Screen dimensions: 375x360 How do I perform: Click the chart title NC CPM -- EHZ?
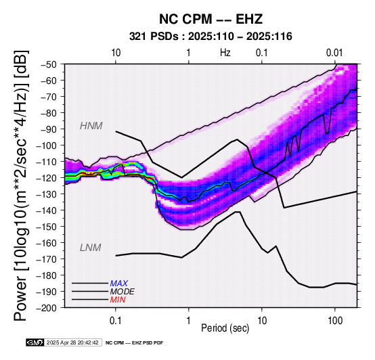[x=211, y=19]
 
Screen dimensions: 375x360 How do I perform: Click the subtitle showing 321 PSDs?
[x=211, y=37]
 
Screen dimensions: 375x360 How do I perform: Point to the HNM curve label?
[x=91, y=126]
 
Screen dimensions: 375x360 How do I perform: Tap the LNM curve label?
[x=91, y=248]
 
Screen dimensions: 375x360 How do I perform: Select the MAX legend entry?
[x=119, y=284]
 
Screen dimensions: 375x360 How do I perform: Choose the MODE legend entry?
[x=123, y=292]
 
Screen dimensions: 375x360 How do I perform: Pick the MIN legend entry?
[x=118, y=300]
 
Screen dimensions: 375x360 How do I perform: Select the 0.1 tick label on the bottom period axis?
[x=116, y=321]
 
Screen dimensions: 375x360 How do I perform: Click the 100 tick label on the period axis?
[x=335, y=321]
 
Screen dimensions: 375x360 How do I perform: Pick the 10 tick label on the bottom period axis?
[x=262, y=321]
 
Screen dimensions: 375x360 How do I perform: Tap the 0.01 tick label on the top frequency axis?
[x=334, y=53]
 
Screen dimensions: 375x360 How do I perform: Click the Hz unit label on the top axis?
[x=225, y=53]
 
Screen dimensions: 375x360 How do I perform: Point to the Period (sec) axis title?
[x=225, y=328]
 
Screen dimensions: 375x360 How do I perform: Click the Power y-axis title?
[x=21, y=185]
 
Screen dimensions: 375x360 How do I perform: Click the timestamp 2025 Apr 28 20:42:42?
[x=72, y=342]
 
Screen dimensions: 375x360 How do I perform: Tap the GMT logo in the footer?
[x=35, y=342]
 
